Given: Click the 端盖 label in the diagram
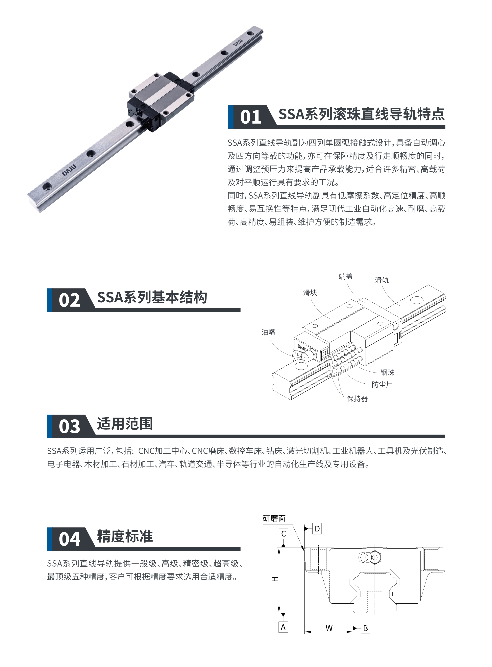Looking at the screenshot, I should [x=345, y=277].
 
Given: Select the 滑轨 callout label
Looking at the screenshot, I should [x=381, y=280].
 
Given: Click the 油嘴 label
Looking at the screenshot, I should [x=268, y=332].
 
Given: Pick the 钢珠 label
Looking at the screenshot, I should [x=387, y=373].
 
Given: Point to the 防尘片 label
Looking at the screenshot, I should [x=382, y=385].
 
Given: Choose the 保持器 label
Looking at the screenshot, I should [x=357, y=399].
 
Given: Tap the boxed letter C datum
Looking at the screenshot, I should [x=283, y=534].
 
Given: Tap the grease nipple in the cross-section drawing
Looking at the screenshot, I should [x=369, y=557].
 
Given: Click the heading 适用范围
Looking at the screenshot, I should [x=125, y=424].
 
